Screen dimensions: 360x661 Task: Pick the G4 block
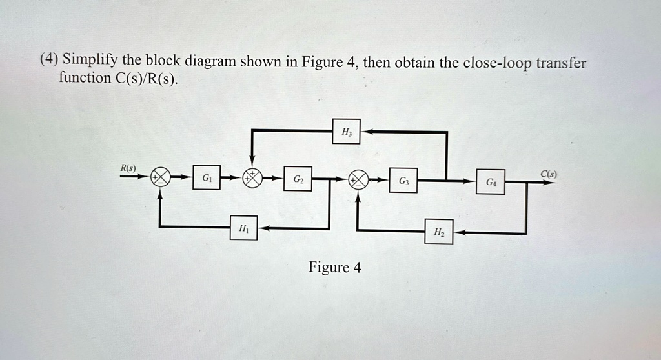491,182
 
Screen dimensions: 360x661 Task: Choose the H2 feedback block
439,232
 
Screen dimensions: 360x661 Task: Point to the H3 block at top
347,131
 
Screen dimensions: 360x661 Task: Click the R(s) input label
128,169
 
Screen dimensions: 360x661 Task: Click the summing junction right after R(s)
160,179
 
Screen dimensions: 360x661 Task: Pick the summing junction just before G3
358,179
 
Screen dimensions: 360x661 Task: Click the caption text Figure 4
334,267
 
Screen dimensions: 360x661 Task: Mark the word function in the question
84,79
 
